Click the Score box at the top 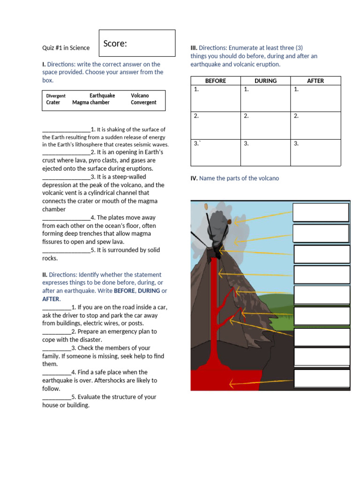click(137, 43)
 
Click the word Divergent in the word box click(56, 96)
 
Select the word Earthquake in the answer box click(102, 96)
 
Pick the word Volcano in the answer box click(140, 96)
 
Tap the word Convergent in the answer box click(143, 103)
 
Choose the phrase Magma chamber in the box click(91, 103)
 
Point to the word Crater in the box click(53, 103)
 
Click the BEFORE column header click(216, 81)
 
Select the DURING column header click(265, 81)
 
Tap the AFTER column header click(315, 81)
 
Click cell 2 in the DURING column click(265, 125)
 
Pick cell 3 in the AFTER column click(315, 152)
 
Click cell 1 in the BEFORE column click(216, 98)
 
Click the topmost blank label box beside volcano click(321, 212)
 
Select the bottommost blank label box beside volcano click(321, 379)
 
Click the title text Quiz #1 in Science click(66, 48)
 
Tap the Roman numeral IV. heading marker click(194, 178)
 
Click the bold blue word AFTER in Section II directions click(51, 299)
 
